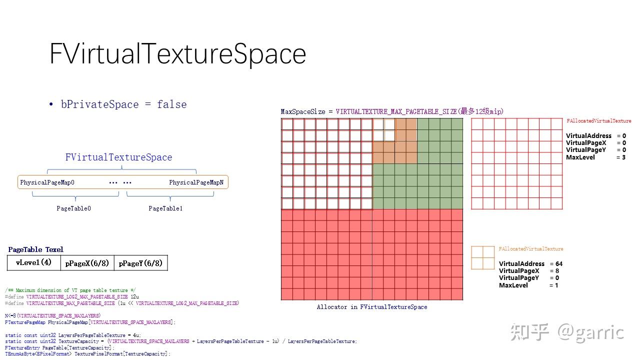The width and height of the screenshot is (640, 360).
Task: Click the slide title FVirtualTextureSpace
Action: coord(177,53)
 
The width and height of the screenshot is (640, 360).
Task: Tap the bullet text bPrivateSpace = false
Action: coord(123,104)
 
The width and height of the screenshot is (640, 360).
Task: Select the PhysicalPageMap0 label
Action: coord(47,182)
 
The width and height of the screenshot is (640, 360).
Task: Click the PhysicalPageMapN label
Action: coord(196,182)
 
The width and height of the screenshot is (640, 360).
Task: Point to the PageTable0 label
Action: coord(73,208)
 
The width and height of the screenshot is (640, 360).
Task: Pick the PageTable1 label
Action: coord(165,208)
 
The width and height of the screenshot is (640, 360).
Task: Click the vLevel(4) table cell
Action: coord(33,262)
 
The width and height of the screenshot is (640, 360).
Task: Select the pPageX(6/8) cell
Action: coord(87,263)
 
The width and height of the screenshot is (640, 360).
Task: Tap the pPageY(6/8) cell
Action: coord(140,263)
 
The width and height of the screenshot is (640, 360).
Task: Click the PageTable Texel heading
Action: coord(35,249)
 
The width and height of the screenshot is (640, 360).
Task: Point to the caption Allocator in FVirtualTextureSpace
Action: coord(372,307)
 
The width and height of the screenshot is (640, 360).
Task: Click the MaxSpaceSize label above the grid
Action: coord(303,111)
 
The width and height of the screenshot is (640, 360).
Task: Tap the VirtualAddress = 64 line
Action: coord(530,264)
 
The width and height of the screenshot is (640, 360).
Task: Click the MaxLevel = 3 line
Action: coord(595,157)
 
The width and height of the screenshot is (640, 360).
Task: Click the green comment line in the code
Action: coord(70,290)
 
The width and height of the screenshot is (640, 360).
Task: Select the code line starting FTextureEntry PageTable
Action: coord(59,347)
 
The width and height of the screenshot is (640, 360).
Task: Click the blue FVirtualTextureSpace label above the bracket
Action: coord(118,157)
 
